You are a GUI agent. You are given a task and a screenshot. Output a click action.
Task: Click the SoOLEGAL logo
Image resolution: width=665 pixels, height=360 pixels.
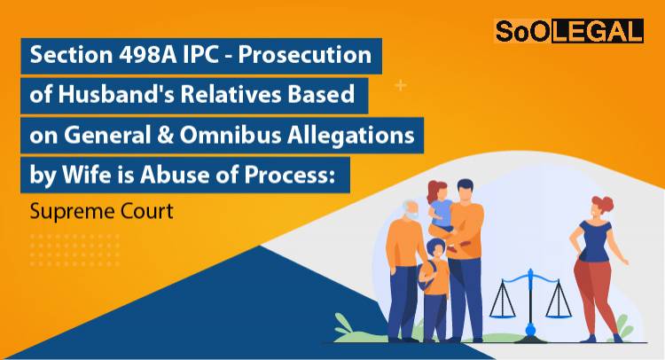568,33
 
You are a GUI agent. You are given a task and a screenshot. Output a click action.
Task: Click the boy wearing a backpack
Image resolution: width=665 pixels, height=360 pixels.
434,284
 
